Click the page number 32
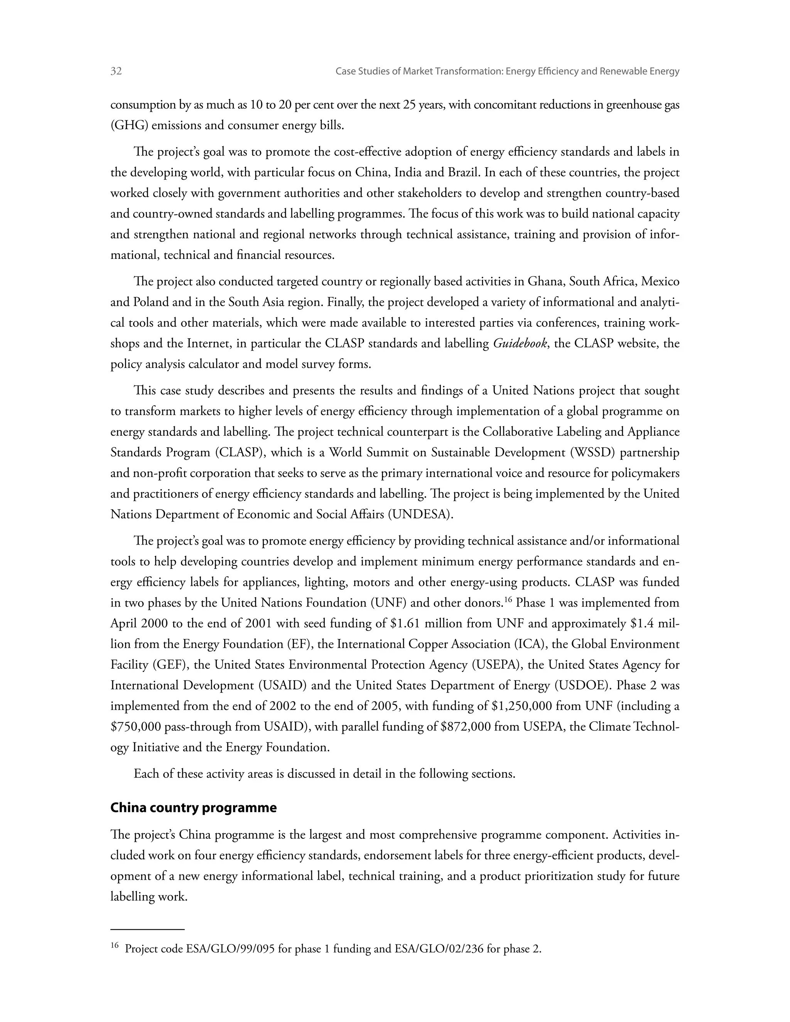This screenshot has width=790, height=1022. coord(116,71)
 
